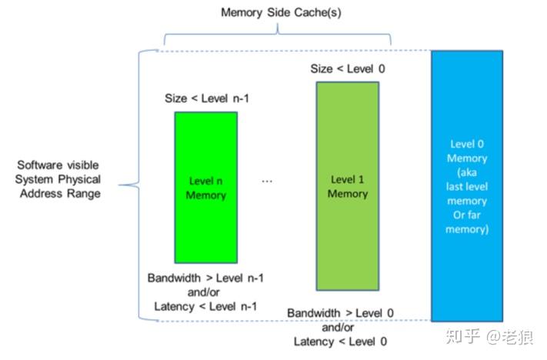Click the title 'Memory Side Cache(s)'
pos(275,13)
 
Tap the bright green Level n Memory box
pos(206,223)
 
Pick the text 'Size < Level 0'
pos(347,69)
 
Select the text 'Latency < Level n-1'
pos(205,307)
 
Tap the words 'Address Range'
pos(62,193)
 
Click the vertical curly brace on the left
pos(138,185)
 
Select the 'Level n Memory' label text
pos(206,188)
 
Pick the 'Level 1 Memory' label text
pos(347,186)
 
